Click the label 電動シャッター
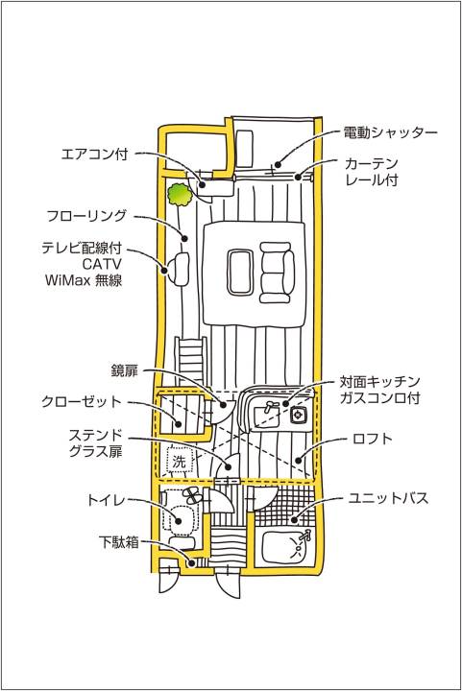click(x=390, y=132)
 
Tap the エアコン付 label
click(x=94, y=154)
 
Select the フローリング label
click(x=86, y=216)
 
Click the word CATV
click(x=102, y=264)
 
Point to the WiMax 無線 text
click(x=84, y=280)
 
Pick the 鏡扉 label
click(x=124, y=370)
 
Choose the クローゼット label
click(x=81, y=401)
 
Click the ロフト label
click(x=373, y=439)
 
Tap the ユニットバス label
click(x=388, y=498)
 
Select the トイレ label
click(x=106, y=500)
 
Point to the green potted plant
click(x=180, y=194)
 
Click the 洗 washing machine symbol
click(x=179, y=462)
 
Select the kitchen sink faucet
click(x=269, y=406)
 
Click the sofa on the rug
click(x=277, y=273)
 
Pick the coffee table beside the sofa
click(x=239, y=272)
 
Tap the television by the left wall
click(x=179, y=269)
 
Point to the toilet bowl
click(x=181, y=520)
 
